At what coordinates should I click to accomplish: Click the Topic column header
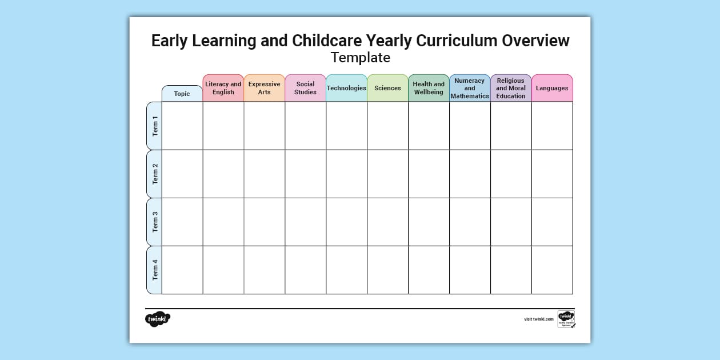pyautogui.click(x=182, y=94)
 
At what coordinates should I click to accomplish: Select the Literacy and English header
pyautogui.click(x=223, y=88)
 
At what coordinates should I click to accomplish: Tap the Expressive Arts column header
pyautogui.click(x=265, y=88)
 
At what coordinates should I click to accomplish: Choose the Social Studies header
pyautogui.click(x=306, y=88)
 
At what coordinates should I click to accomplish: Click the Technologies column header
pyautogui.click(x=346, y=88)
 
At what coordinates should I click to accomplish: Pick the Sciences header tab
pyautogui.click(x=387, y=88)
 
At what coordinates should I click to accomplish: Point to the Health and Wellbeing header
pyautogui.click(x=429, y=88)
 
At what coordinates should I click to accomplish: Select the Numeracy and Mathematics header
pyautogui.click(x=470, y=88)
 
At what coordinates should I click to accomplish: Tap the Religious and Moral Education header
pyautogui.click(x=511, y=88)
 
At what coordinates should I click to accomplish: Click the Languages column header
pyautogui.click(x=552, y=88)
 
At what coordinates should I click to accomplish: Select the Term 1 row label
pyautogui.click(x=154, y=126)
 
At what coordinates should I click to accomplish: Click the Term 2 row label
pyautogui.click(x=154, y=174)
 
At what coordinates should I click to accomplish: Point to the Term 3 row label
pyautogui.click(x=154, y=222)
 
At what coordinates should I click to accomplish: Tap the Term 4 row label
pyautogui.click(x=154, y=270)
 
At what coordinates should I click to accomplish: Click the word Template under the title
pyautogui.click(x=360, y=58)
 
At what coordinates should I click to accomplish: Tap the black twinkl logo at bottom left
pyautogui.click(x=158, y=319)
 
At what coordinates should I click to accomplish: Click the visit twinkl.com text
pyautogui.click(x=539, y=319)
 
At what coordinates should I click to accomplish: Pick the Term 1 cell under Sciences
pyautogui.click(x=387, y=126)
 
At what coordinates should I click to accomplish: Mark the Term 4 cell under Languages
pyautogui.click(x=552, y=270)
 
